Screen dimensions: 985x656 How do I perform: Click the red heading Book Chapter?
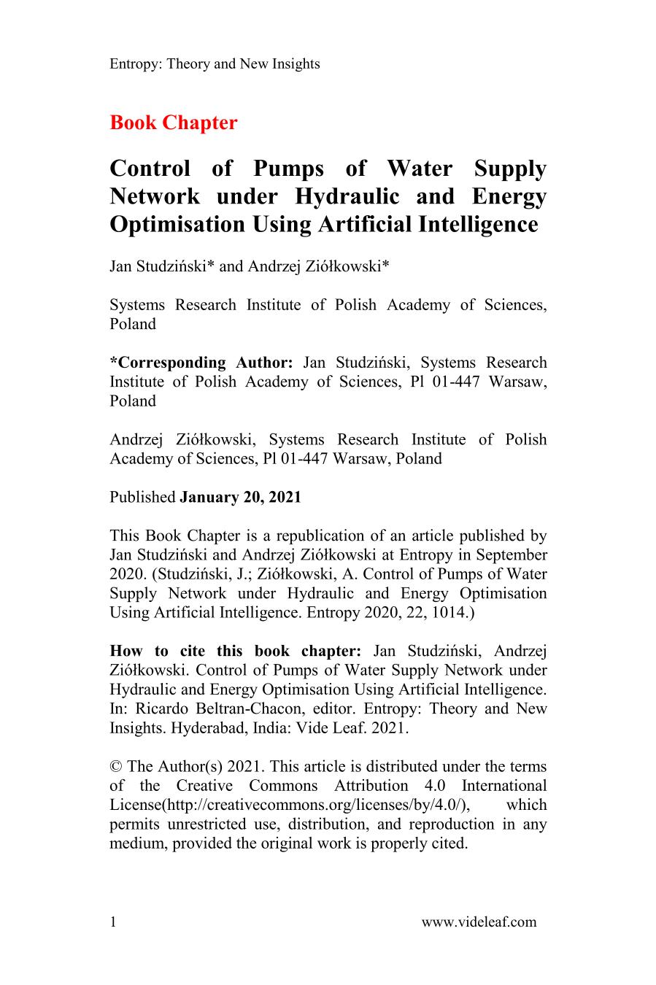[173, 123]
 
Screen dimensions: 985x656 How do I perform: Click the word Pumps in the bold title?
[288, 169]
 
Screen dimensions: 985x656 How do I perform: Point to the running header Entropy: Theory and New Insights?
[215, 64]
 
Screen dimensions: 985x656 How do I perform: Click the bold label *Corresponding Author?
[201, 363]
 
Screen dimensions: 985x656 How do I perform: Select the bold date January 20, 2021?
[240, 498]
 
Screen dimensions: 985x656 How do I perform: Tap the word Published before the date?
[142, 498]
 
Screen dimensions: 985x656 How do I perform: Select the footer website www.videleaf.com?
[479, 922]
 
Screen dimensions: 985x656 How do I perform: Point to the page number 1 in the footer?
[113, 922]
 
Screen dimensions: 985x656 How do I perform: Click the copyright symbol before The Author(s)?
[115, 767]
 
